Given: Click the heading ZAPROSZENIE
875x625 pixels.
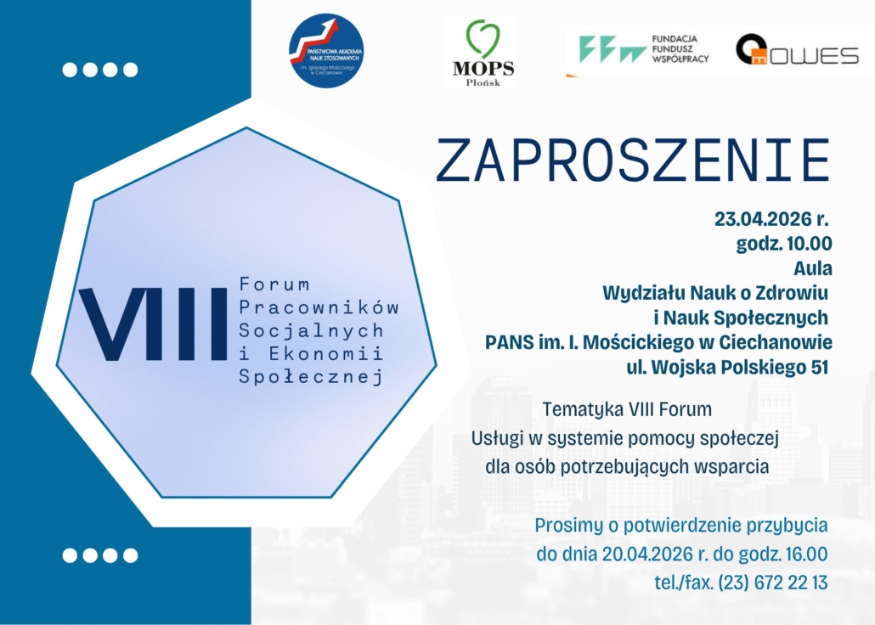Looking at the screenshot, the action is pos(633,160).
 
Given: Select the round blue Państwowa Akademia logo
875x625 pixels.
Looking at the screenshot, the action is pos(326,51).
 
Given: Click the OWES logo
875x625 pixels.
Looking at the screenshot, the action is pos(797,50).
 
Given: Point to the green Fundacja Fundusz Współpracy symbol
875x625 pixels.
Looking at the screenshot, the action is pos(612,49).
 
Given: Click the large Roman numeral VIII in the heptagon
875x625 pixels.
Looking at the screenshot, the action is pos(153,324).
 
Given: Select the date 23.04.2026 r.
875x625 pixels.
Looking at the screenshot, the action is pos(771,219).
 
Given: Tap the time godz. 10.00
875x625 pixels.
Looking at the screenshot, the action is pos(784,244).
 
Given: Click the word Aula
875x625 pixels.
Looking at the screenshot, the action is pos(813,267).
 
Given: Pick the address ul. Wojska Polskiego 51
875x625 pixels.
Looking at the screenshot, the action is pos(727,367).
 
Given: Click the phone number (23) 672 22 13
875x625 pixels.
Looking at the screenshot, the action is pos(773,583).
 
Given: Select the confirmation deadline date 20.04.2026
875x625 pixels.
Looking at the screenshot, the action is pos(647,555).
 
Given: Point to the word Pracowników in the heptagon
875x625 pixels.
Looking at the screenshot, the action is pos(319,307).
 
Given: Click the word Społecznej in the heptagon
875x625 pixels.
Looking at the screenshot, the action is pos(311,377).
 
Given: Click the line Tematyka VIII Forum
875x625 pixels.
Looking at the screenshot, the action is pos(627,409).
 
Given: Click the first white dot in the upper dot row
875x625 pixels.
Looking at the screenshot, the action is pos(70,70).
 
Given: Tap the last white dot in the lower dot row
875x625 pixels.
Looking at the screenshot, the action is pos(131,555).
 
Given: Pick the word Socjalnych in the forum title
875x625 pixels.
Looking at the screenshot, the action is pos(311,331).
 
